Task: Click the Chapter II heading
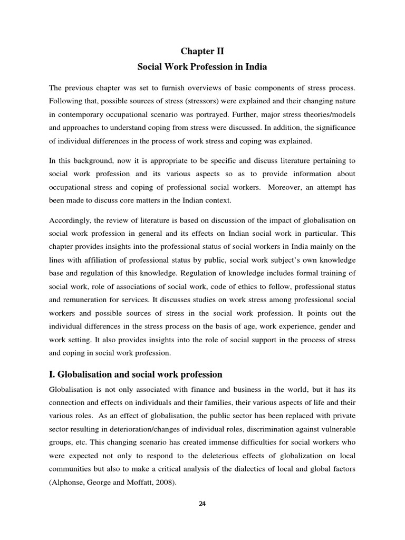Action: pos(202,51)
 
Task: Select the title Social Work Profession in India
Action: pos(202,67)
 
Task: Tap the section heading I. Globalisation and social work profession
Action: pos(136,374)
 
